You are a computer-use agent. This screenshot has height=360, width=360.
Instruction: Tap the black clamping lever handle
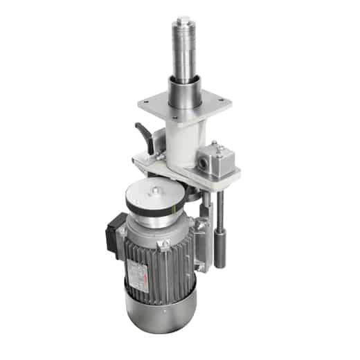[144, 132]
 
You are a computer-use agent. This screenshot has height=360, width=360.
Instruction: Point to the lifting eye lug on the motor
[165, 244]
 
